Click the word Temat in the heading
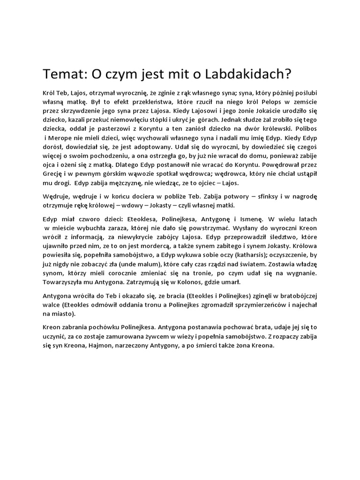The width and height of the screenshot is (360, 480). coord(61,74)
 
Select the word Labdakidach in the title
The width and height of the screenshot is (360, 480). coord(249,74)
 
